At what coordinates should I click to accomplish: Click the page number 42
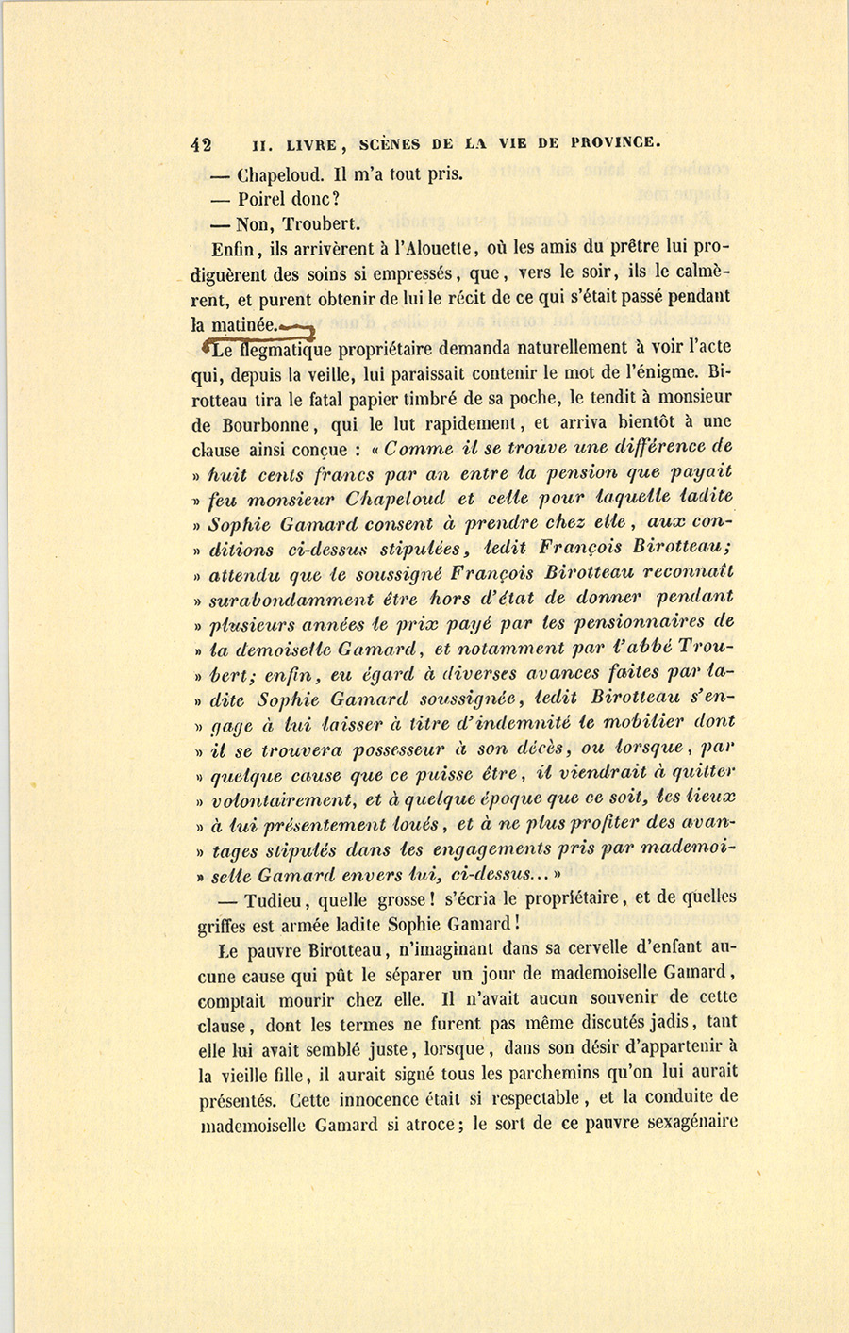click(200, 144)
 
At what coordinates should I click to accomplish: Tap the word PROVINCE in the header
click(610, 144)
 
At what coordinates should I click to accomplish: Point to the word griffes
click(225, 924)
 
